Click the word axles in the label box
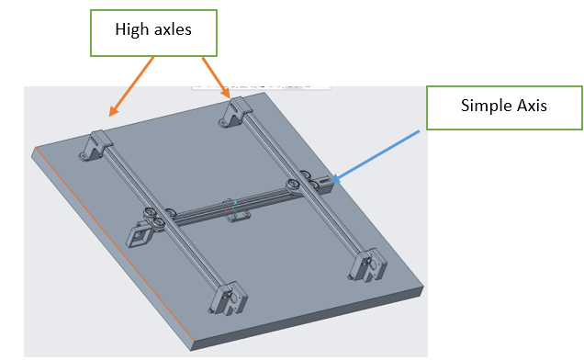(173, 29)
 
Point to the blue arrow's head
(334, 179)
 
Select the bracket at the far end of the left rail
(95, 146)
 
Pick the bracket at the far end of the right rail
(235, 112)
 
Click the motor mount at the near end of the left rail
(228, 298)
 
